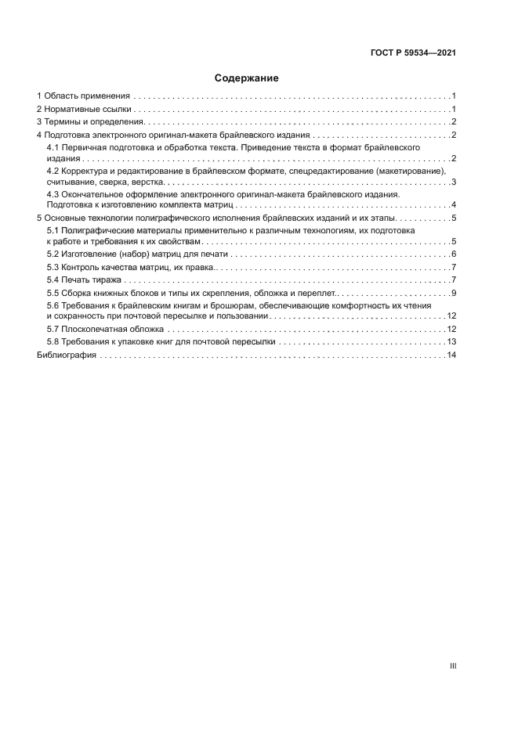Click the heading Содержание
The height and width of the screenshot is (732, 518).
click(246, 78)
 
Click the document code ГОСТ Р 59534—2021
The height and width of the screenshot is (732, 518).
click(413, 53)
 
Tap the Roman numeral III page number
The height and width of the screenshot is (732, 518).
click(453, 665)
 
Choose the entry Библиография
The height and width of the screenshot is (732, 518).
click(67, 355)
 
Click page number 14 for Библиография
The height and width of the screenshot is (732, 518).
click(451, 355)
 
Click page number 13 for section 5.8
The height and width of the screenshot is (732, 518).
click(451, 342)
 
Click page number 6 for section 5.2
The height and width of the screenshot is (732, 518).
click(454, 254)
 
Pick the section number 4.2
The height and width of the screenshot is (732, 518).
click(53, 171)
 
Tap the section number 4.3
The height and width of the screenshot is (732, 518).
click(53, 194)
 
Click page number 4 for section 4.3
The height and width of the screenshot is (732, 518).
click(454, 204)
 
